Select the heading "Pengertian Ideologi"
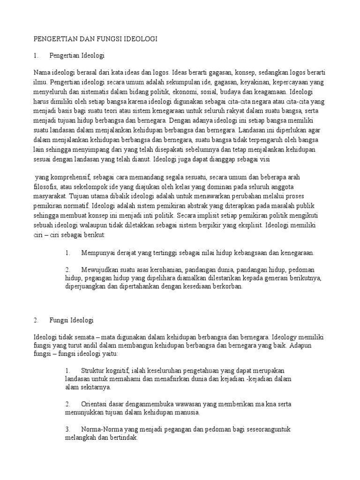(76, 56)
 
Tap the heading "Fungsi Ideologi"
(71, 320)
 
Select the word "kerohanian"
(160, 270)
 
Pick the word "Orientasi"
(96, 404)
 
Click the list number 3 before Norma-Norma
(68, 429)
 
